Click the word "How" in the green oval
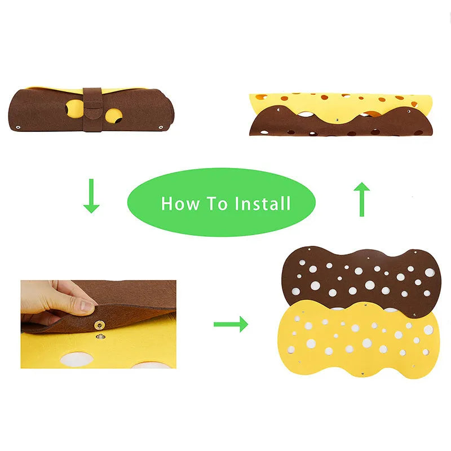[180, 204]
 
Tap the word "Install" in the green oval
[263, 204]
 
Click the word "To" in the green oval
[217, 204]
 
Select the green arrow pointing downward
[91, 196]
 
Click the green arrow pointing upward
[362, 199]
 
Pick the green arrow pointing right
[231, 324]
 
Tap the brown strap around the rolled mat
[92, 110]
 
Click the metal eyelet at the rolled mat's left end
[18, 127]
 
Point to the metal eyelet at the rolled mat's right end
[161, 127]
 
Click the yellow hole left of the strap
[74, 109]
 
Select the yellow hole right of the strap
[113, 116]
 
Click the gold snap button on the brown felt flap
[100, 325]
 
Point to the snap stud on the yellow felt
[100, 336]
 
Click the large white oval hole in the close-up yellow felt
[77, 359]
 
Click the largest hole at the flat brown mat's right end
[430, 272]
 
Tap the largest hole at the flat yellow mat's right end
[428, 330]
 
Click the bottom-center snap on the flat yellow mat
[362, 373]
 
